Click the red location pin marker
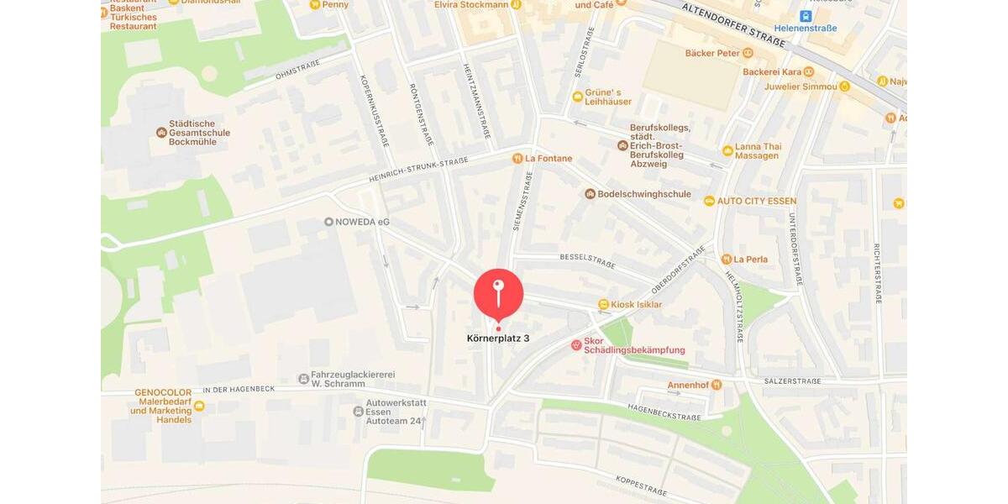click(498, 294)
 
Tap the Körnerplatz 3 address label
click(498, 339)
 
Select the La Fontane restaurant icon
click(517, 158)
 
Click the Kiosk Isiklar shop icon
click(603, 304)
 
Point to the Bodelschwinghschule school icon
click(591, 194)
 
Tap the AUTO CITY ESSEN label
click(757, 202)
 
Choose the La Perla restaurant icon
click(726, 259)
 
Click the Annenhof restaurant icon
click(716, 385)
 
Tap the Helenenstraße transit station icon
click(806, 16)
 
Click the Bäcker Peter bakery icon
click(748, 53)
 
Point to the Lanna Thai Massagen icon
click(727, 150)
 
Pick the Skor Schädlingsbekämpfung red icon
click(576, 344)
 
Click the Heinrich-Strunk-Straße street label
click(418, 171)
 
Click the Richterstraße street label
click(878, 273)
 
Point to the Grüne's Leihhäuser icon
click(578, 97)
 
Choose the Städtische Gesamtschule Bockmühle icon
click(161, 133)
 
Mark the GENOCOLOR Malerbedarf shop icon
click(199, 407)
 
